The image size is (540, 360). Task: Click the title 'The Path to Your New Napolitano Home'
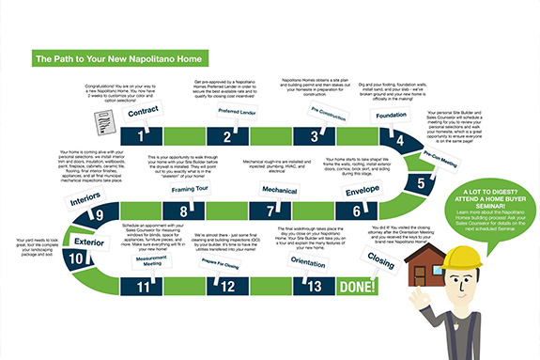coord(121,58)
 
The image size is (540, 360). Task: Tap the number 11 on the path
coord(143,287)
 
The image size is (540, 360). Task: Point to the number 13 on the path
coord(315,287)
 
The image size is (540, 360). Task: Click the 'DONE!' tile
coord(358,286)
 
